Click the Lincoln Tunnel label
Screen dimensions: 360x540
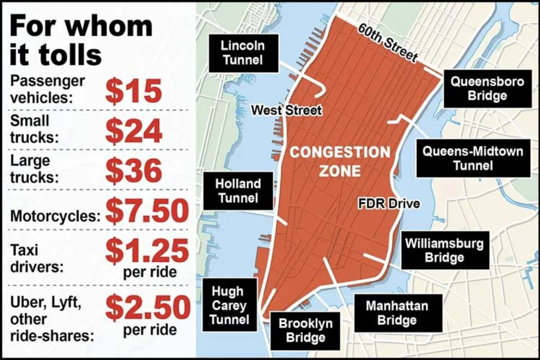pos(243,52)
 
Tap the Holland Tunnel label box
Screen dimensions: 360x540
pos(238,190)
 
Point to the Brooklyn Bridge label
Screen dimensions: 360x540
pos(306,330)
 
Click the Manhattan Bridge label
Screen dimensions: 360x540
pos(390,313)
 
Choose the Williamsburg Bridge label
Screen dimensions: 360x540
pos(444,250)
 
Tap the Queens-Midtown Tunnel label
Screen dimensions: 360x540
pos(472,158)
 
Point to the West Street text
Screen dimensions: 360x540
pos(286,110)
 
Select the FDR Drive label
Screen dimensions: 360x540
pos(389,203)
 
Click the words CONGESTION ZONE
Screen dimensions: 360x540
pos(340,161)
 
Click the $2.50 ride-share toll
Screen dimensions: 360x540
pos(147,307)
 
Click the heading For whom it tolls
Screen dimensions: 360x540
pos(81,40)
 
